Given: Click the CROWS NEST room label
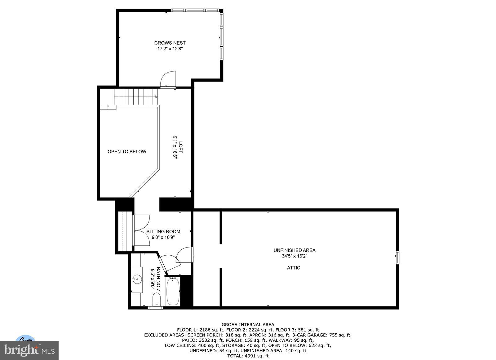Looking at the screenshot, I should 170,43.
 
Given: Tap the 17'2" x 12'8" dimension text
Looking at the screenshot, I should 170,49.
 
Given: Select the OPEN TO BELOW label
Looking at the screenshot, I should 127,151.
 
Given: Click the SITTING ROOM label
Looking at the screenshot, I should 163,231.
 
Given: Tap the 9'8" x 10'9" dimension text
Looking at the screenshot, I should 163,237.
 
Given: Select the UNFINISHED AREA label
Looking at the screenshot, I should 294,250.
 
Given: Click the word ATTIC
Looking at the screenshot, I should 293,268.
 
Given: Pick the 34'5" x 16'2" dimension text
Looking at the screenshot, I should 294,256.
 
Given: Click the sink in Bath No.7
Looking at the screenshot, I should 137,279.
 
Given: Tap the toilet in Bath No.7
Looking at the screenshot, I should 157,299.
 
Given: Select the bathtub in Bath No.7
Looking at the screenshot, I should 173,292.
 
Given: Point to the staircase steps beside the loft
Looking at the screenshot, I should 136,97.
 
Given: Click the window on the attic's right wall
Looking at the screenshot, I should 398,258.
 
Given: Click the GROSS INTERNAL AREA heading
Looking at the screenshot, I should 248,325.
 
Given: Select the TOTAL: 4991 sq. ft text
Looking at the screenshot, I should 248,356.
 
